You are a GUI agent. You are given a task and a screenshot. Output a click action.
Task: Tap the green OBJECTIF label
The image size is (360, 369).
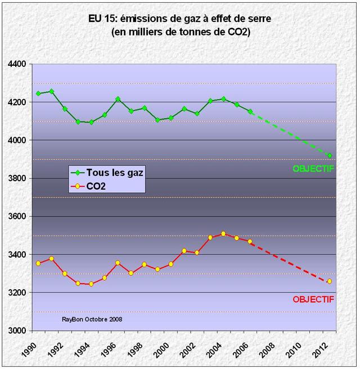click(x=313, y=168)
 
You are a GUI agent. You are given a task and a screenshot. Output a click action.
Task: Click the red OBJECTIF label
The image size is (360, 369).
click(x=313, y=299)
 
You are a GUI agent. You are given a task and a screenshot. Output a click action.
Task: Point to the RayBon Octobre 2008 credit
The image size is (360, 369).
click(x=92, y=319)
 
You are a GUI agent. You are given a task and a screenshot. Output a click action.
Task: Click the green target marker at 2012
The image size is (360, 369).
click(x=330, y=156)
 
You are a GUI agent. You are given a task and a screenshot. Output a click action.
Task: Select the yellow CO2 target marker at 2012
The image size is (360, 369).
click(x=330, y=281)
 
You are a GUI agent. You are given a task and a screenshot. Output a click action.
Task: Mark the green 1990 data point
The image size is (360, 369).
click(x=38, y=93)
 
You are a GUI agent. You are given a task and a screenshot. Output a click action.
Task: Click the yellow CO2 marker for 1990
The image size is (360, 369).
click(x=38, y=263)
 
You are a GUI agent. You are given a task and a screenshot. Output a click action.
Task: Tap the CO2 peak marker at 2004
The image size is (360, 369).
click(x=223, y=233)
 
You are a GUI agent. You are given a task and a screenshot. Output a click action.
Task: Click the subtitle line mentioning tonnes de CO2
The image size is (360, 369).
click(x=181, y=32)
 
